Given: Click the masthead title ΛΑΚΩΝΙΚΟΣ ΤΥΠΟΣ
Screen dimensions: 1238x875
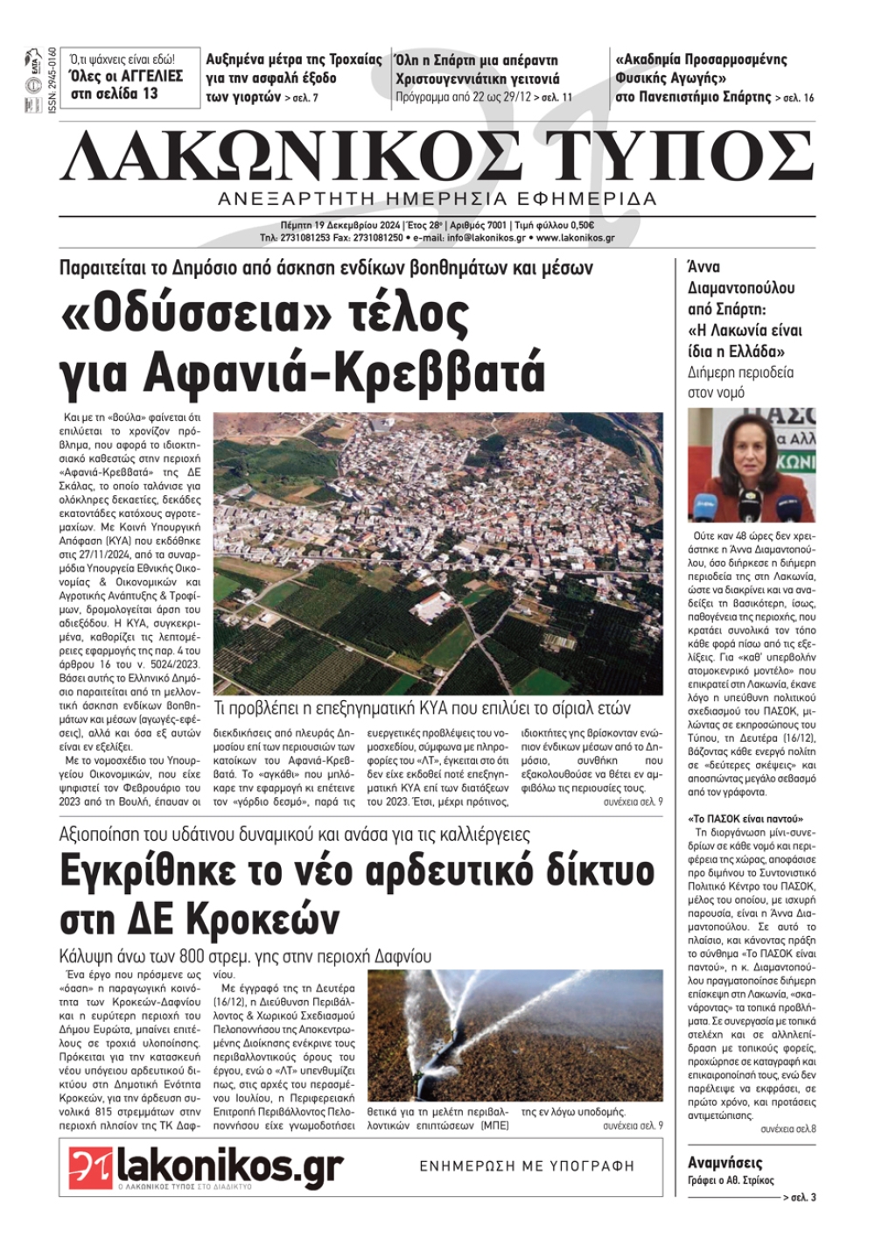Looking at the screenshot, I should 437,154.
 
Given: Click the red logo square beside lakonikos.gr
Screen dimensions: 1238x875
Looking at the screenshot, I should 91,1167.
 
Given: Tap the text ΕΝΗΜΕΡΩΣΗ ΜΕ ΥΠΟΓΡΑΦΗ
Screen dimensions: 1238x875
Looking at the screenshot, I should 527,1166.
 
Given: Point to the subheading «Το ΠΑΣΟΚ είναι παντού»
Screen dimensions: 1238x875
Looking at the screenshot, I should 734,820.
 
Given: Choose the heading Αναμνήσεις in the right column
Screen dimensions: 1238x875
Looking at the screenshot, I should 725,1163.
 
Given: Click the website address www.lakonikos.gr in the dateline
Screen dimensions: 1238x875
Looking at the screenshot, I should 575,237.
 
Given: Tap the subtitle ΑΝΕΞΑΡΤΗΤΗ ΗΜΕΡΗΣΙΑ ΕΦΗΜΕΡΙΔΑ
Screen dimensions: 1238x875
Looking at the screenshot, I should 437,199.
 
